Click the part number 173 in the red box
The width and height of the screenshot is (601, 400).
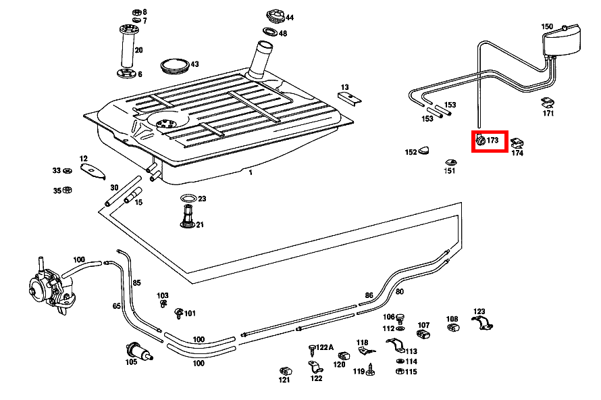pyautogui.click(x=492, y=141)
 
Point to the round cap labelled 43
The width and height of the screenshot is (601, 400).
pyautogui.click(x=175, y=66)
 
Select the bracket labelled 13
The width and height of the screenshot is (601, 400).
pyautogui.click(x=350, y=97)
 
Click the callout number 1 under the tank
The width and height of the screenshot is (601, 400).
pyautogui.click(x=250, y=172)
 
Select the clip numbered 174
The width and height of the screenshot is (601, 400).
pyautogui.click(x=517, y=143)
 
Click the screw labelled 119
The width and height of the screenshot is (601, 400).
pyautogui.click(x=371, y=370)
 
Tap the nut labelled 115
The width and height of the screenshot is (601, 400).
pyautogui.click(x=398, y=372)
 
